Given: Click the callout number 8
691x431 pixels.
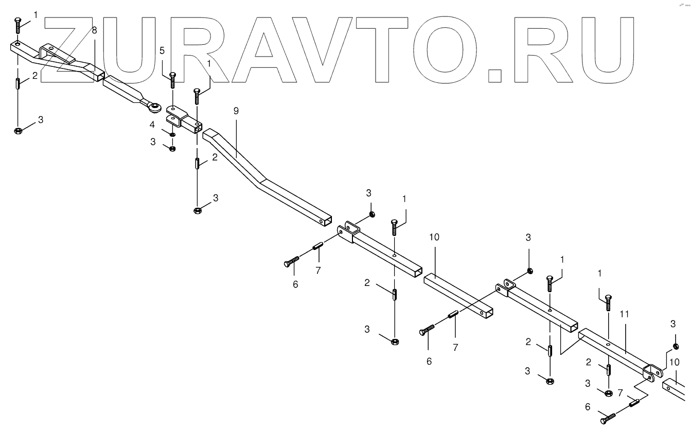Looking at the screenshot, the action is click(94, 30).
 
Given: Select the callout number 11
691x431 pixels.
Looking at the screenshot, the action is click(625, 313).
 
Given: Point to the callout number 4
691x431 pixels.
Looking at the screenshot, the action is click(153, 124).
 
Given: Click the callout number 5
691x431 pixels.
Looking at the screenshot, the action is click(162, 50).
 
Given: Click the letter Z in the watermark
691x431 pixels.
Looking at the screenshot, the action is click(72, 49).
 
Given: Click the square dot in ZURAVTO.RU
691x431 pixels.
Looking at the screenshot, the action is click(494, 75).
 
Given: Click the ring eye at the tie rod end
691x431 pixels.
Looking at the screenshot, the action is click(154, 107).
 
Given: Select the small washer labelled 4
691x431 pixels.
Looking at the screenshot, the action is click(172, 135).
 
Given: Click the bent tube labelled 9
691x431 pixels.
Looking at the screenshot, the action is click(262, 180).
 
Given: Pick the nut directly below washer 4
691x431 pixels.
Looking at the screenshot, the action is click(172, 149).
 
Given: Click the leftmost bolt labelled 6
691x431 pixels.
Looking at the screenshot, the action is click(291, 261).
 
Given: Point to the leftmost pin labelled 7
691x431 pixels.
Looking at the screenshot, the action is click(317, 247).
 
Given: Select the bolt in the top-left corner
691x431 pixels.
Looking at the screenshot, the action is click(18, 24).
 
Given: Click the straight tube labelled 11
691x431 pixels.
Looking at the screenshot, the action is click(612, 351).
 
